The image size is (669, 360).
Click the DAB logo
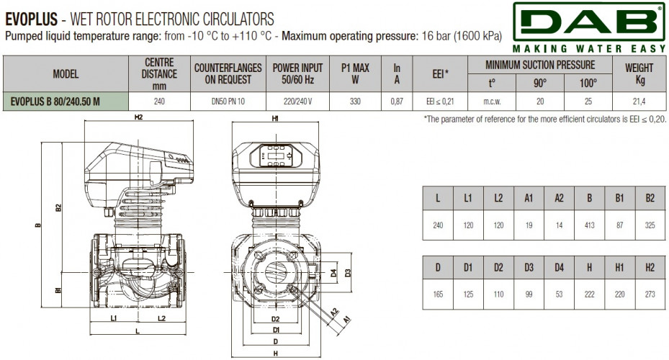589,27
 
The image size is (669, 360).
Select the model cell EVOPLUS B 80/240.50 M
55,102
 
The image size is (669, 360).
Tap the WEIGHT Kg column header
639,73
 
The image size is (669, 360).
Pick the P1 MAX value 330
355,102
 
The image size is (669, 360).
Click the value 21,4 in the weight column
639,102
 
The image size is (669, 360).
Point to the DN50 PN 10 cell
228,102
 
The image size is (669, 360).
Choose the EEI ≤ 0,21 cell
440,102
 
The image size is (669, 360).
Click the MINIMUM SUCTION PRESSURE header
540,65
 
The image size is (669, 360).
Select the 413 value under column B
589,225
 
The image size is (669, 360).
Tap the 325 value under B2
650,225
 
